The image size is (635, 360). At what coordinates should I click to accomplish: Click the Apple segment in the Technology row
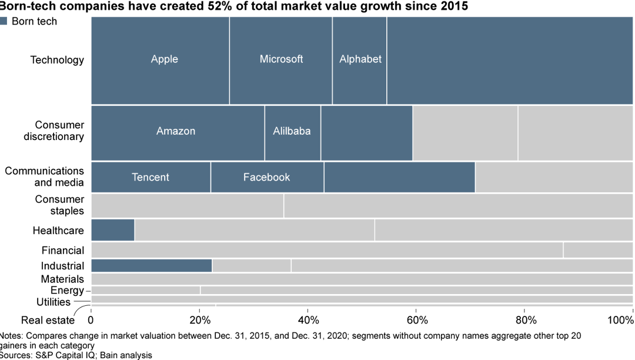160,60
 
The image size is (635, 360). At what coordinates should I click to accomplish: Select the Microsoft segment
281,60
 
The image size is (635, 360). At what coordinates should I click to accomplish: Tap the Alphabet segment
360,60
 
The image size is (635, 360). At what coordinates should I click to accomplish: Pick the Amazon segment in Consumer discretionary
177,132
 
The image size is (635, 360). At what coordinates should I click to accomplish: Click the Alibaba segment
292,132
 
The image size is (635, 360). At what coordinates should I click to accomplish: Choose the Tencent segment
151,178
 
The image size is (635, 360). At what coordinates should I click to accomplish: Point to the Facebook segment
267,178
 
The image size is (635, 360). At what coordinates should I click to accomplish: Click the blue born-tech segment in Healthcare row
112,230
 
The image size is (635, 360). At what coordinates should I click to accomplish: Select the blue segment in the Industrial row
151,266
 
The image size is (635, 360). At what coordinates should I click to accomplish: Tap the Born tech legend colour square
4,21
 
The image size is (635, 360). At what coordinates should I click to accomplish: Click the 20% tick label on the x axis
200,321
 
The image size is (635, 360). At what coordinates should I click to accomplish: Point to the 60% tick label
417,321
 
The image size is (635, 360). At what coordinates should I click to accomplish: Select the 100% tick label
620,321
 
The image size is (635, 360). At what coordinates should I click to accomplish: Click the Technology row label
57,60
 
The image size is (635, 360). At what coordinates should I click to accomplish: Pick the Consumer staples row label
59,205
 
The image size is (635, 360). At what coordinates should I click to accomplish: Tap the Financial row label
62,251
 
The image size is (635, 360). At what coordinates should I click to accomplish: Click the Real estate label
48,321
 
